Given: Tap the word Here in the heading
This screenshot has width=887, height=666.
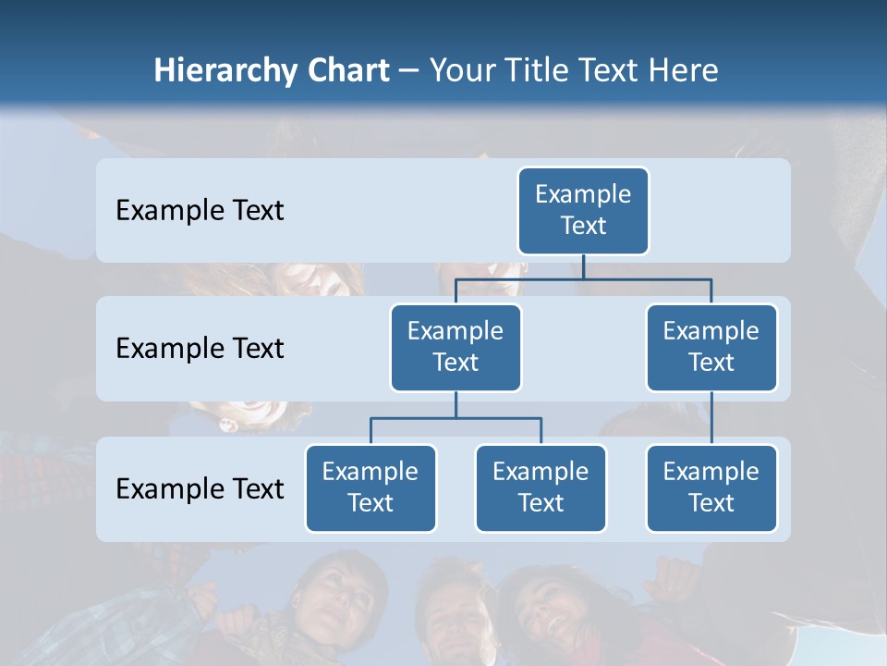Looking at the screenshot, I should click(682, 70).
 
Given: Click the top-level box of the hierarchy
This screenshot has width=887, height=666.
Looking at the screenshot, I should click(583, 210).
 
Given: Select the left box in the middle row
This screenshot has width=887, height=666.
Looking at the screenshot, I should click(456, 347).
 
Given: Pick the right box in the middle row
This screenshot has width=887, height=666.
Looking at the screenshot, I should click(711, 347).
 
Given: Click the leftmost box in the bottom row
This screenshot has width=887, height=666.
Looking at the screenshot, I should click(371, 487).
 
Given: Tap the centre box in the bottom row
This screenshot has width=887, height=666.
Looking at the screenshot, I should click(541, 487).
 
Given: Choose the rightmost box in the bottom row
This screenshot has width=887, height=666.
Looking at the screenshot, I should click(711, 487).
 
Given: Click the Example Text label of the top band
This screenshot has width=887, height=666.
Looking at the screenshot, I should click(200, 210).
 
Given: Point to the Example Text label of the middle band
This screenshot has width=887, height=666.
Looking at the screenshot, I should click(200, 348).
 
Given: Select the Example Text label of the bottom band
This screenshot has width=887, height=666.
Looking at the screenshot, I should click(200, 488).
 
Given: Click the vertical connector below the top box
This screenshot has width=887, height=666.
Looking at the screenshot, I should click(583, 266).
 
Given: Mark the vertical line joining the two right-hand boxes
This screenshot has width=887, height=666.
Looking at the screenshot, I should click(711, 418).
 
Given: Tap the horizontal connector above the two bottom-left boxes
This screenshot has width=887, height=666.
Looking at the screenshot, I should click(456, 418).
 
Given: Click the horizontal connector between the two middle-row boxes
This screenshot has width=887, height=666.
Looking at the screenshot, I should click(583, 277).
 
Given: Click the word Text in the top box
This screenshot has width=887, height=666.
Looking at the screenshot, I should click(583, 226).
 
